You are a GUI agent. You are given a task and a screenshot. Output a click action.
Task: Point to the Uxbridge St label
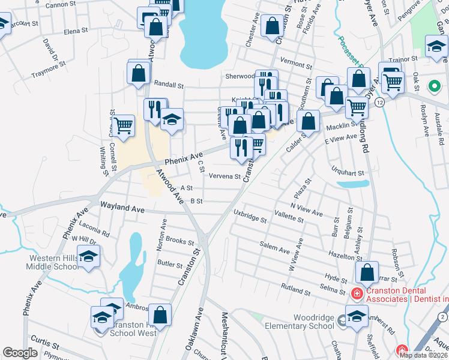coord(250,216)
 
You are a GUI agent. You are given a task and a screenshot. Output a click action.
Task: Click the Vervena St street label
coord(224,176)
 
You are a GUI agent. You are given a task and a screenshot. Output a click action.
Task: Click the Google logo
coord(20,353)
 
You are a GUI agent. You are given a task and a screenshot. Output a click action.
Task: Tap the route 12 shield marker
coord(381,103)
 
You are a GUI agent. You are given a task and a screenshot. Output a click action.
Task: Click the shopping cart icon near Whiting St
coord(124,125)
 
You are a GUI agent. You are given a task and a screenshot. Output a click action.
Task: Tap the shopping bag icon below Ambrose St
coord(160,314)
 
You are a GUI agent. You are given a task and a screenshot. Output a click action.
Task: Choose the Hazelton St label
coord(343,255)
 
